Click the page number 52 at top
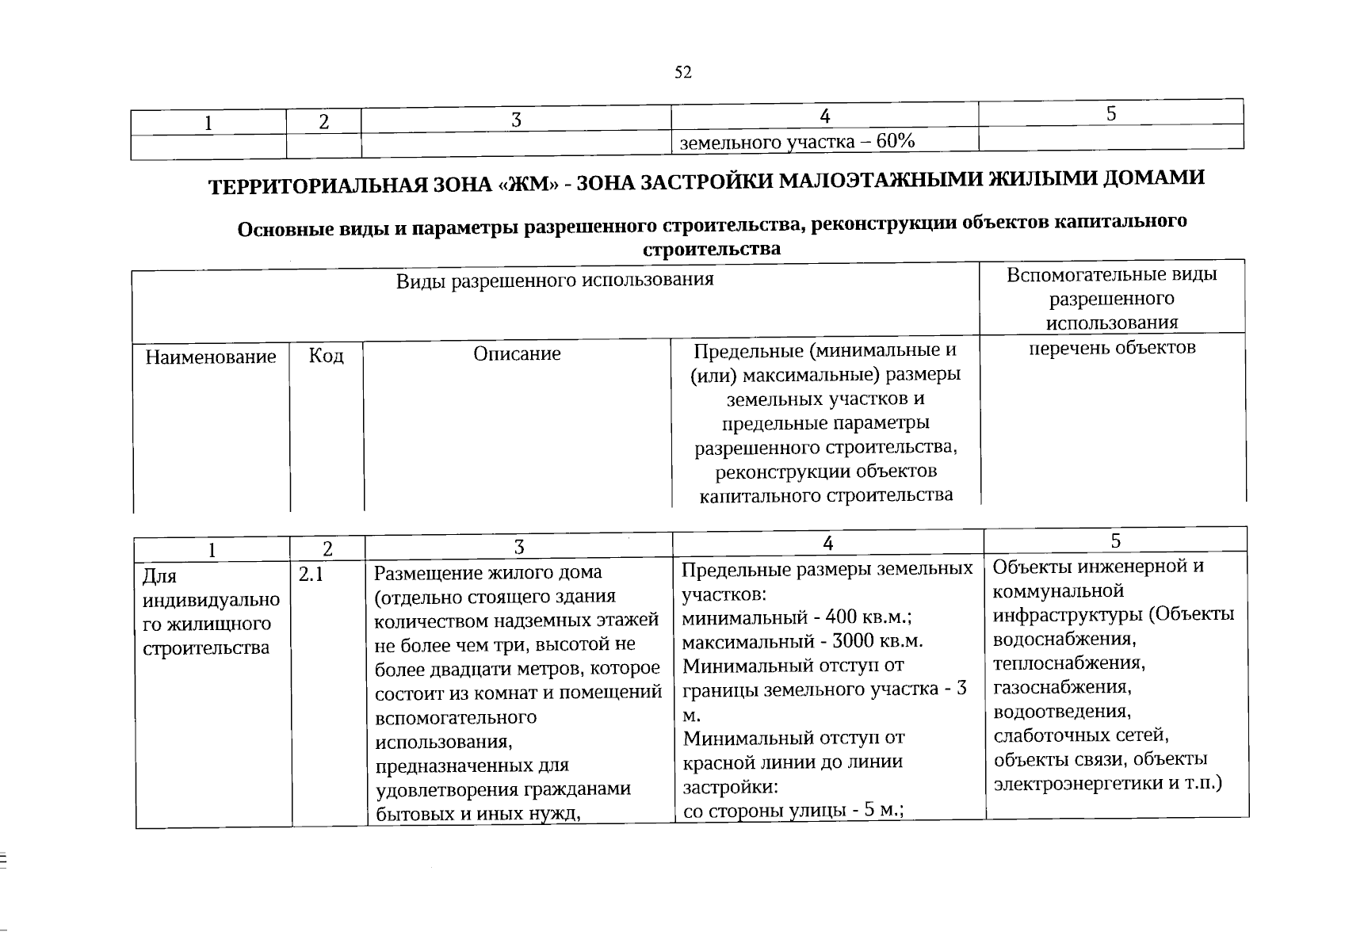click(x=682, y=73)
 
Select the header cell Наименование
click(x=210, y=357)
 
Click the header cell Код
click(x=326, y=356)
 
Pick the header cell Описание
click(x=517, y=353)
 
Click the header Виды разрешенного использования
click(x=555, y=280)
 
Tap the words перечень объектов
click(x=1111, y=347)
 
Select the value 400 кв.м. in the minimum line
click(x=869, y=617)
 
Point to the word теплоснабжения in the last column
click(x=1068, y=662)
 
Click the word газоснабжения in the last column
click(x=1061, y=686)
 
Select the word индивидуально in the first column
click(x=211, y=600)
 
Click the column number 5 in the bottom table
click(x=1115, y=540)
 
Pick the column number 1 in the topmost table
click(x=208, y=123)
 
